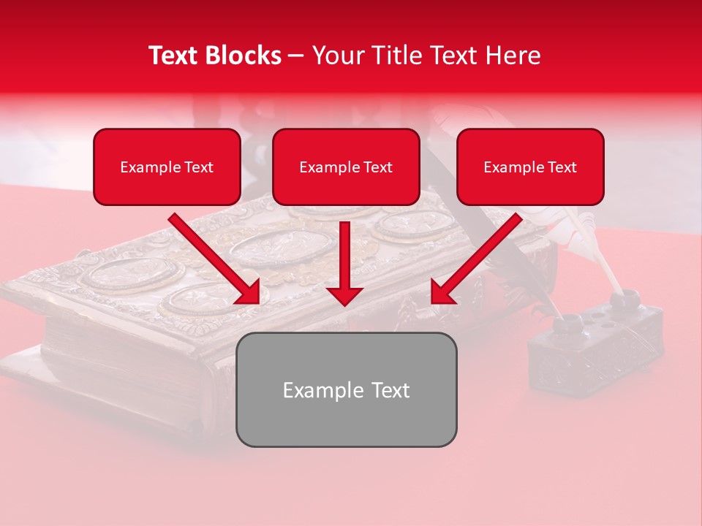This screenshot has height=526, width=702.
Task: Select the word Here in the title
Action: pyautogui.click(x=512, y=56)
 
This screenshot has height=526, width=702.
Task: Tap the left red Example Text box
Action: pyautogui.click(x=167, y=167)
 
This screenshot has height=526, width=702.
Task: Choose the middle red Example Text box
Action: pyautogui.click(x=346, y=167)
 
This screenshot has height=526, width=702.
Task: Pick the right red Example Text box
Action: pyautogui.click(x=530, y=167)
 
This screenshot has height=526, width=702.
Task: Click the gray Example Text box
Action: pyautogui.click(x=346, y=390)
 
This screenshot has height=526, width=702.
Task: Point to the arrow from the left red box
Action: pyautogui.click(x=216, y=259)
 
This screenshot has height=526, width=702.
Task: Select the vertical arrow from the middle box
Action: pyautogui.click(x=344, y=263)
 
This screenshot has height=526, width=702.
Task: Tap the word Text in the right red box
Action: pyautogui.click(x=562, y=167)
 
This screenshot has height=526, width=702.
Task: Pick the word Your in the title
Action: pyautogui.click(x=338, y=56)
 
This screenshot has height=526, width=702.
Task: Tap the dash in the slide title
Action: pyautogui.click(x=296, y=56)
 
